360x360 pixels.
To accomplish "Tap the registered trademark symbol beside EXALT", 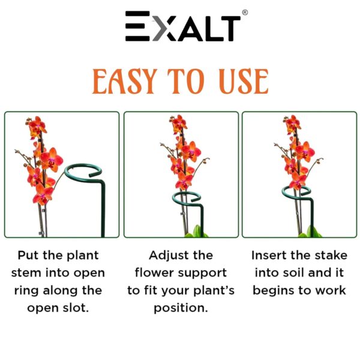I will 245,13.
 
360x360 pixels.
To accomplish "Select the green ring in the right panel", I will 296,191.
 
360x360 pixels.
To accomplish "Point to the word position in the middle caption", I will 181,308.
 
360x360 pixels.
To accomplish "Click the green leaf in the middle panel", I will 196,230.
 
